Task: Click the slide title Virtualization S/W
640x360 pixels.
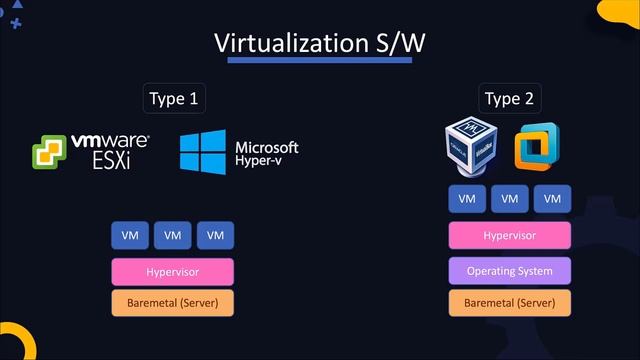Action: (x=320, y=43)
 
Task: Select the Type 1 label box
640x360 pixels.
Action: (x=173, y=98)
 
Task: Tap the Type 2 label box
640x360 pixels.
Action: (x=509, y=98)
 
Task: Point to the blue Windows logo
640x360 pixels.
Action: (x=203, y=151)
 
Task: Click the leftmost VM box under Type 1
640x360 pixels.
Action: (x=130, y=236)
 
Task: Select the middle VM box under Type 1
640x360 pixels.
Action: (x=172, y=236)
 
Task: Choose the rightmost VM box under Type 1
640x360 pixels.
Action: (x=214, y=236)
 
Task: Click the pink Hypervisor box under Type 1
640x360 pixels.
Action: (x=172, y=271)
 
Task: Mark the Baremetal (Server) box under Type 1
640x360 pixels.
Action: (x=172, y=302)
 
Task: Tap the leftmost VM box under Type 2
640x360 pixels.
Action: (x=467, y=199)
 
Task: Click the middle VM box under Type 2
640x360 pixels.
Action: (x=510, y=199)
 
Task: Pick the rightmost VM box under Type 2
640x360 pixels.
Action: (x=552, y=199)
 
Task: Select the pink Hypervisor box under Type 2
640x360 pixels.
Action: (x=510, y=236)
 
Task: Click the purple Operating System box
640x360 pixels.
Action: (x=510, y=271)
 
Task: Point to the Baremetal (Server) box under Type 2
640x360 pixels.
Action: (x=510, y=302)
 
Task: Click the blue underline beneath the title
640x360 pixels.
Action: (x=320, y=61)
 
